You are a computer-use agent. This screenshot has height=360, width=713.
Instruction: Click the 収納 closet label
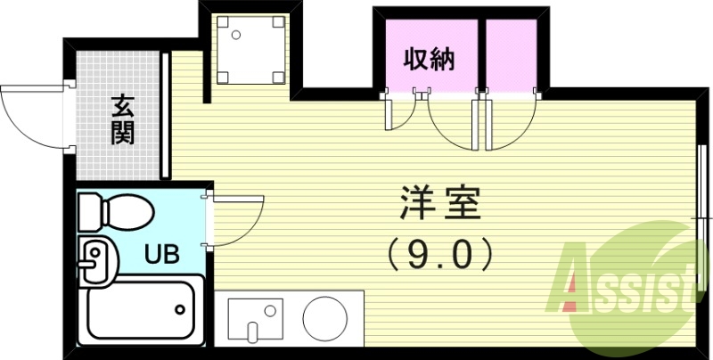(430, 60)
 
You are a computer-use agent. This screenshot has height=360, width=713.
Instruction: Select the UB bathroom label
(162, 253)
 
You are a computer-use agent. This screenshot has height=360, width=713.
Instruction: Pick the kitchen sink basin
(253, 318)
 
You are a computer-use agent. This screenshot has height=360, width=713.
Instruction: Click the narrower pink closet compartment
(511, 55)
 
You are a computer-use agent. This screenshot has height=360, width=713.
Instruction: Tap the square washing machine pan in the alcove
(245, 50)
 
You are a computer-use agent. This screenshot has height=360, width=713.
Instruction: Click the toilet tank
(92, 212)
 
